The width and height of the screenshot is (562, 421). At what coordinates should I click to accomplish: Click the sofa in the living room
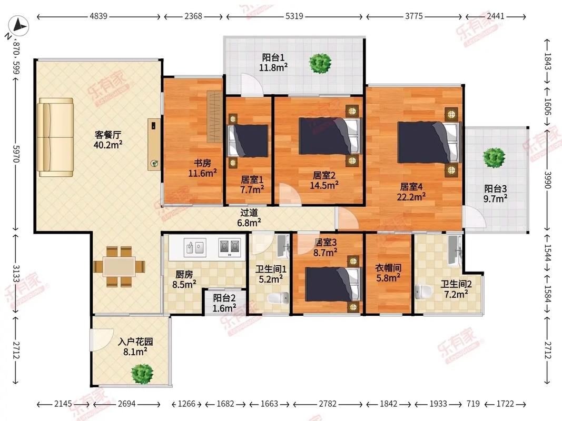[55, 136]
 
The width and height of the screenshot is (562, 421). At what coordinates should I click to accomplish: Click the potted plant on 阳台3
[494, 157]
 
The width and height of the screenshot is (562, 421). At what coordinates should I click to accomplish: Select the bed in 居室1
[248, 141]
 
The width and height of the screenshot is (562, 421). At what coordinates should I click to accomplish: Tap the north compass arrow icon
[19, 25]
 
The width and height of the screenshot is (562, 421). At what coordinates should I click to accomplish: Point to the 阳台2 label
[224, 298]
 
